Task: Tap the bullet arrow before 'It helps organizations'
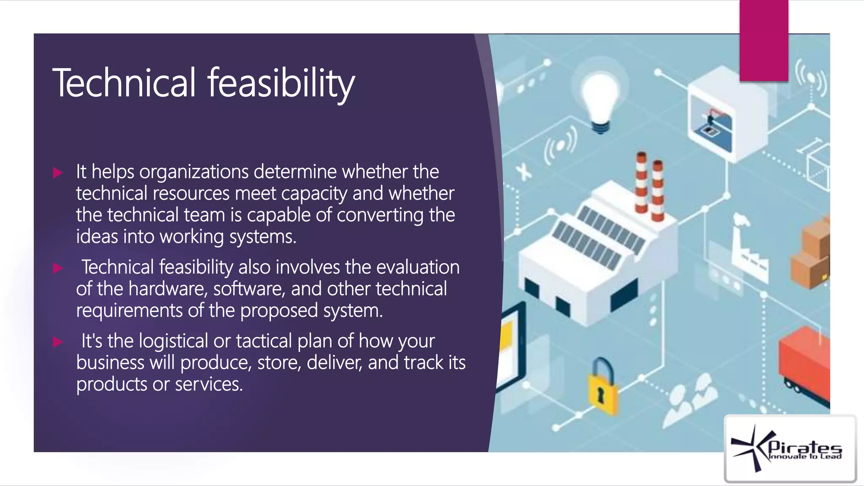pos(58,173)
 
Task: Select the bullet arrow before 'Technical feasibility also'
pos(58,268)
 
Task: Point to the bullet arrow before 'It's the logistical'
pos(58,342)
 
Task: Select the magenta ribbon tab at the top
pos(764,40)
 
